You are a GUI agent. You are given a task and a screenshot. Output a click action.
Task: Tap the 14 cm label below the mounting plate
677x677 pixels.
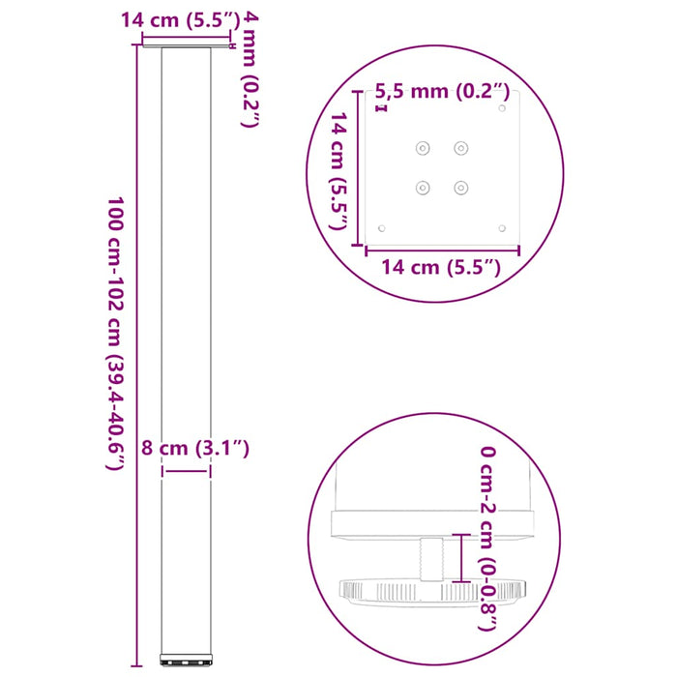tap(442, 268)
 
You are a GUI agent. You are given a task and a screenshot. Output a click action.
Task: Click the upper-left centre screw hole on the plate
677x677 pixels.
tap(422, 148)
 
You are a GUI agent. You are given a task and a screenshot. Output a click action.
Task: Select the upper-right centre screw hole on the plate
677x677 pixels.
tap(461, 148)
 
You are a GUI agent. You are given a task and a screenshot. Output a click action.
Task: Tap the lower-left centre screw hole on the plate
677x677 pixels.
tap(422, 187)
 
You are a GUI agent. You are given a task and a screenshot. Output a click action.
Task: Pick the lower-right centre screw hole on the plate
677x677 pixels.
tap(461, 187)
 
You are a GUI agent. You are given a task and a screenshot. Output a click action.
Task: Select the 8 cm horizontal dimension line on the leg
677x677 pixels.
tap(186, 471)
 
